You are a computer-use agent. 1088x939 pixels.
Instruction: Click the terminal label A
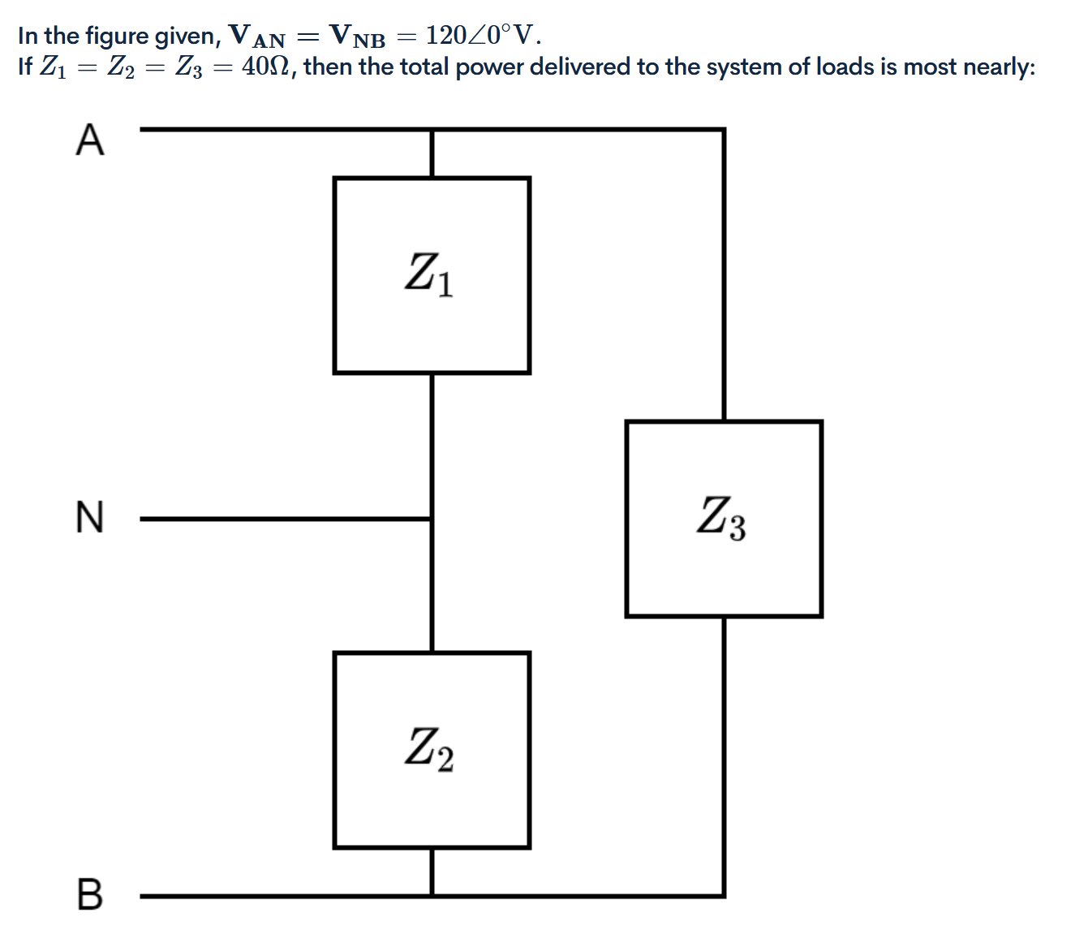click(90, 140)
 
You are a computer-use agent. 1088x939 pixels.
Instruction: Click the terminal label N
click(90, 517)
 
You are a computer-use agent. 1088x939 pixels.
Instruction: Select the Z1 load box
click(432, 275)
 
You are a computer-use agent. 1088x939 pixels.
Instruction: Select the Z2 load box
click(432, 750)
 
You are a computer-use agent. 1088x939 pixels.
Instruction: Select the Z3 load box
click(724, 519)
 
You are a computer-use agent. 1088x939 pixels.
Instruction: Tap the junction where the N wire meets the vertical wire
click(432, 519)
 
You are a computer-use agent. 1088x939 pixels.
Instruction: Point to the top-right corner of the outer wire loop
click(724, 129)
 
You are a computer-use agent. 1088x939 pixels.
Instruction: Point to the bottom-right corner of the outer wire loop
click(724, 896)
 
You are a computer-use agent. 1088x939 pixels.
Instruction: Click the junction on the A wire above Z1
click(432, 129)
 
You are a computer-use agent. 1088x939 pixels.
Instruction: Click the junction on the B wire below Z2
click(432, 896)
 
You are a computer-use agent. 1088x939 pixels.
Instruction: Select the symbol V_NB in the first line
click(357, 36)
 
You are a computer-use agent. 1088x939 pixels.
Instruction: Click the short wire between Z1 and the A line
click(432, 153)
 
